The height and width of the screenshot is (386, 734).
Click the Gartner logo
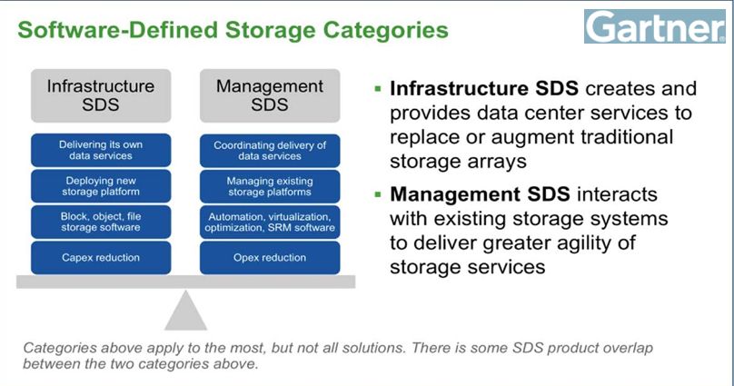click(655, 26)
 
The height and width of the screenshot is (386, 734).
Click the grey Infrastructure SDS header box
click(101, 95)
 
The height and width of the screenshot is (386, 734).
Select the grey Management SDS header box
click(270, 95)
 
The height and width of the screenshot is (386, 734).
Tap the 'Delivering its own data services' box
click(101, 150)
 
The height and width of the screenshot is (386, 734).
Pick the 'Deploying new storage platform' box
click(101, 186)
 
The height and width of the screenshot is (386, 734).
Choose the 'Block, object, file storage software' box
click(101, 222)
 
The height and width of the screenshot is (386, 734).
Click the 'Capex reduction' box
click(101, 257)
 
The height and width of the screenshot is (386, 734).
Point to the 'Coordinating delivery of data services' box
click(270, 151)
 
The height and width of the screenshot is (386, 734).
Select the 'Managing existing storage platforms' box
click(270, 186)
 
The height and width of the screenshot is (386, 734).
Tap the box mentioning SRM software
click(270, 223)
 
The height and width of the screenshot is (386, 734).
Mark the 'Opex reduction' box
click(270, 257)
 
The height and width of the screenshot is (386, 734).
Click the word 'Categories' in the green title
click(386, 30)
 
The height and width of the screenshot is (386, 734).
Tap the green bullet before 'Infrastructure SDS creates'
click(378, 88)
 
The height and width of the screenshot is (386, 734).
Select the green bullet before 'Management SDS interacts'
click(378, 193)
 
